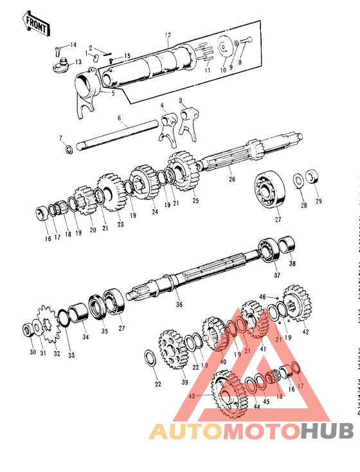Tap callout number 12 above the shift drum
[x=168, y=35]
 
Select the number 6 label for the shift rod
[x=119, y=118]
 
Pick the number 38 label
[x=292, y=264]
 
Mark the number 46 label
[x=262, y=296]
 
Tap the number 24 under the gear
[x=154, y=212]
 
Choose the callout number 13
[x=78, y=62]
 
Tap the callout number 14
[x=73, y=44]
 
